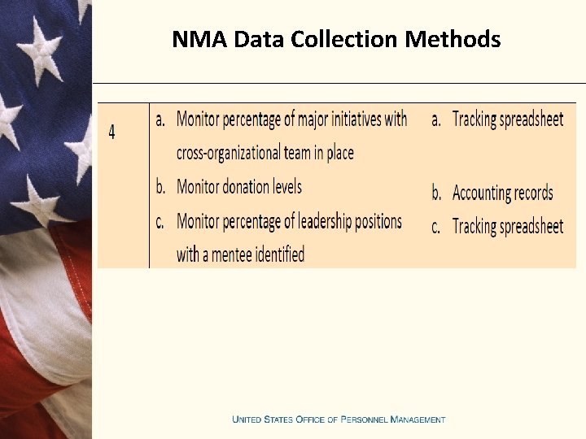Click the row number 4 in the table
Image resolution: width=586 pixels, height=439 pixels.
coord(112,132)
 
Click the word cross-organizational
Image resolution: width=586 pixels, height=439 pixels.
coord(240,153)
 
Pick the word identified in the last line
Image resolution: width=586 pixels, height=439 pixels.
coord(280,254)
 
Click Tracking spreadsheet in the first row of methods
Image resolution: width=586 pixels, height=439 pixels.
coord(507,120)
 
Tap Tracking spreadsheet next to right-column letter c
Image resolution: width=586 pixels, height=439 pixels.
coord(507,227)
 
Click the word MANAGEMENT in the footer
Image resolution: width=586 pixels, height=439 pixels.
coord(418,419)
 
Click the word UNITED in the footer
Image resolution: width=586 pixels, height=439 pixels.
coord(247,419)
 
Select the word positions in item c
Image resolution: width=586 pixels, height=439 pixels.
coord(371,221)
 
